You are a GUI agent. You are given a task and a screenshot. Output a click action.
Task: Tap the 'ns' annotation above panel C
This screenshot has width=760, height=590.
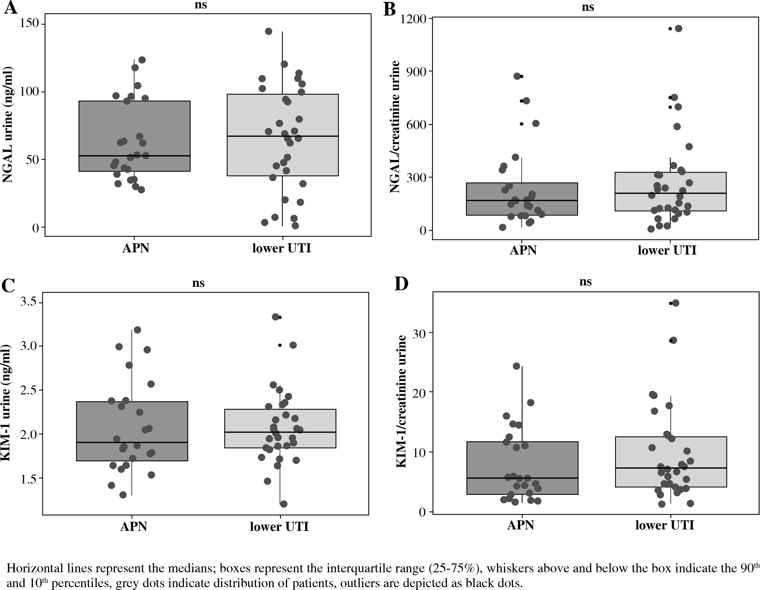(x=198, y=283)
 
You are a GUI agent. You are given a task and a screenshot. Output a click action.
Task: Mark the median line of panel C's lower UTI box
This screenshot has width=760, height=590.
(x=280, y=432)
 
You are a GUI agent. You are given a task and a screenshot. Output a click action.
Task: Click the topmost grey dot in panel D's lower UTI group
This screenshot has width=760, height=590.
(x=676, y=303)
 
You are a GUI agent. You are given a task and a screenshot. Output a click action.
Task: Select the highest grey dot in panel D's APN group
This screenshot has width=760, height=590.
(x=516, y=366)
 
